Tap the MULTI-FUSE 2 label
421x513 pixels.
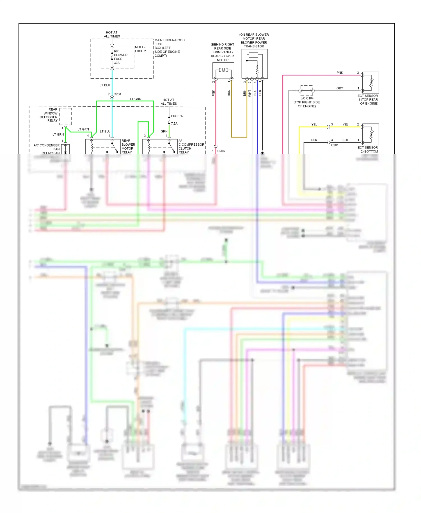(x=140, y=49)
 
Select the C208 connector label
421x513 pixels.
(x=117, y=94)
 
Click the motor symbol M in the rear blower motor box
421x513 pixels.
(x=223, y=70)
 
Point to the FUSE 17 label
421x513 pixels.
(x=177, y=116)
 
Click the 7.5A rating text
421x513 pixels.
(x=174, y=123)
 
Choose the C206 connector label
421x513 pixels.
(x=221, y=151)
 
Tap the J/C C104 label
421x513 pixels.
(x=307, y=99)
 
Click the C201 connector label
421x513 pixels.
(x=335, y=145)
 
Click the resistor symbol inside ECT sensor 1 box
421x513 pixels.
(x=372, y=82)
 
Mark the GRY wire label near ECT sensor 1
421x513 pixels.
(x=340, y=88)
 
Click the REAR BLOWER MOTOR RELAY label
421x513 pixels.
(x=128, y=146)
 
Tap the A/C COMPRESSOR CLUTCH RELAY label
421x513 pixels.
(x=191, y=146)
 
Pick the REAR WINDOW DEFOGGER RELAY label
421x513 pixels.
(x=49, y=115)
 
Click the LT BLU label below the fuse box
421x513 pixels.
(x=105, y=85)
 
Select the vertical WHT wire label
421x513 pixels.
(x=250, y=93)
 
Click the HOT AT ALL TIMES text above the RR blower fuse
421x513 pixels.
(x=112, y=34)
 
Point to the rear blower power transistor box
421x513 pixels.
(x=255, y=64)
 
